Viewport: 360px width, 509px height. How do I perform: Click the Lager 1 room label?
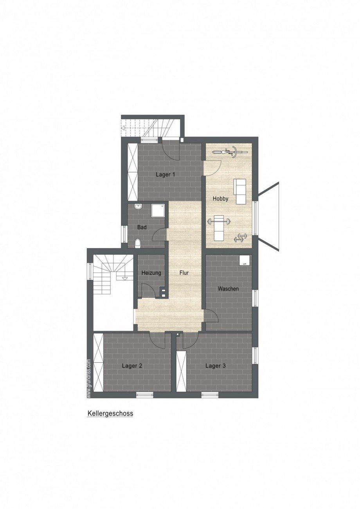tap(166, 174)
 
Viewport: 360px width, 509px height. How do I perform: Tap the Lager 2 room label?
tap(132, 366)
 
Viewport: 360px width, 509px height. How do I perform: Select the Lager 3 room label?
tap(216, 366)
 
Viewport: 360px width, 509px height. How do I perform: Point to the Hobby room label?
tap(220, 199)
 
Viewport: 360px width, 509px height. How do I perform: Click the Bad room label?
tap(142, 227)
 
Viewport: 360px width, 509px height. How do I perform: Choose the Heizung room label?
tap(151, 272)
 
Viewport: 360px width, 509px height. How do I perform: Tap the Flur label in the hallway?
tap(184, 272)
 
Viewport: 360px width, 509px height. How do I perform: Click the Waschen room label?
tap(228, 289)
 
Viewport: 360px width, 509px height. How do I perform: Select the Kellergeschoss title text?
tap(110, 413)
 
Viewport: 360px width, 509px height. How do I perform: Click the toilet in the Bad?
tap(137, 244)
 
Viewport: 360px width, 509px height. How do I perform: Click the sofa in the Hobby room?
tap(240, 191)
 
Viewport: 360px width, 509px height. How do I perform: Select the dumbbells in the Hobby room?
tap(241, 237)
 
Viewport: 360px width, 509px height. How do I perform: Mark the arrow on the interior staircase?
tap(125, 278)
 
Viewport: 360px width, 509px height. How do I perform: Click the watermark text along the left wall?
tap(89, 378)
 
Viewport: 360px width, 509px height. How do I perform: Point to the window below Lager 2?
tap(144, 395)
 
